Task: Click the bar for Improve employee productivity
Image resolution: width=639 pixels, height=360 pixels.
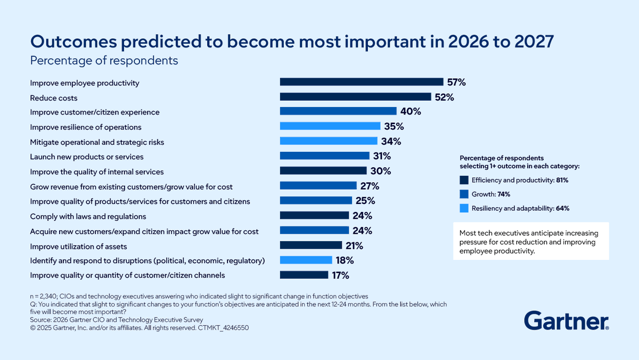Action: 362,82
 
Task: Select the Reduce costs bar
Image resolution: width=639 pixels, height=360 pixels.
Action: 355,97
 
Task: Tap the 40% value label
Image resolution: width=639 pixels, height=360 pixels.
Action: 411,112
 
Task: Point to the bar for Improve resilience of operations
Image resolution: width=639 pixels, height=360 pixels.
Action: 330,127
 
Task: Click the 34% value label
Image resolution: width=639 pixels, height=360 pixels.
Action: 391,142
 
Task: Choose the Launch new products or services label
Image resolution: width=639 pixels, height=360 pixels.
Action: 87,157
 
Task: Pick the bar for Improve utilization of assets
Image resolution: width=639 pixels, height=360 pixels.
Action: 311,246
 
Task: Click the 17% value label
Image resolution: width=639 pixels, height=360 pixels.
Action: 340,275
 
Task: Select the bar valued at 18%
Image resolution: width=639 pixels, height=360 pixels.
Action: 306,260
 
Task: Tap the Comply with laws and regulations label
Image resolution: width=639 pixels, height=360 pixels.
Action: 88,216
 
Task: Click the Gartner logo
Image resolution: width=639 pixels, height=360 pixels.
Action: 566,321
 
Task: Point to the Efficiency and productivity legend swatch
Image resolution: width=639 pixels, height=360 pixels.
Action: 463,181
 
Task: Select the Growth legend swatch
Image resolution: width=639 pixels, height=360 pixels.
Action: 463,194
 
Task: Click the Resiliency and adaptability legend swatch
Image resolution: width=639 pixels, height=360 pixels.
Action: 463,208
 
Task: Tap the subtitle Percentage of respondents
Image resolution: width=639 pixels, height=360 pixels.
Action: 104,61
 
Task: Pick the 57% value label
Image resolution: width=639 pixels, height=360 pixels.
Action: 456,82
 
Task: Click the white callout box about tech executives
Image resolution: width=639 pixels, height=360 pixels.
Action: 531,241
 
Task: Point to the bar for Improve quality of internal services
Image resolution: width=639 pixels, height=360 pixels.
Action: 323,171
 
